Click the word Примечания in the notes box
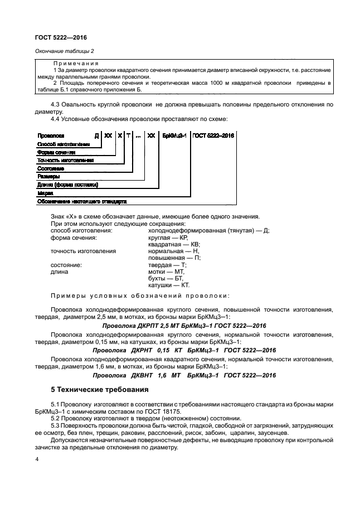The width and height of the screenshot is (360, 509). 76,64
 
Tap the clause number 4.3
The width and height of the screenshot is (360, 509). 56,104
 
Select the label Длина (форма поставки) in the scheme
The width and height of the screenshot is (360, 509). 67,185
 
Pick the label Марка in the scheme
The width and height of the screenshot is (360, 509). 45,193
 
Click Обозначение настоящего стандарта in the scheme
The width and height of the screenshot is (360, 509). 82,201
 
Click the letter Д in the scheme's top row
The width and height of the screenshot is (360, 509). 96,135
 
